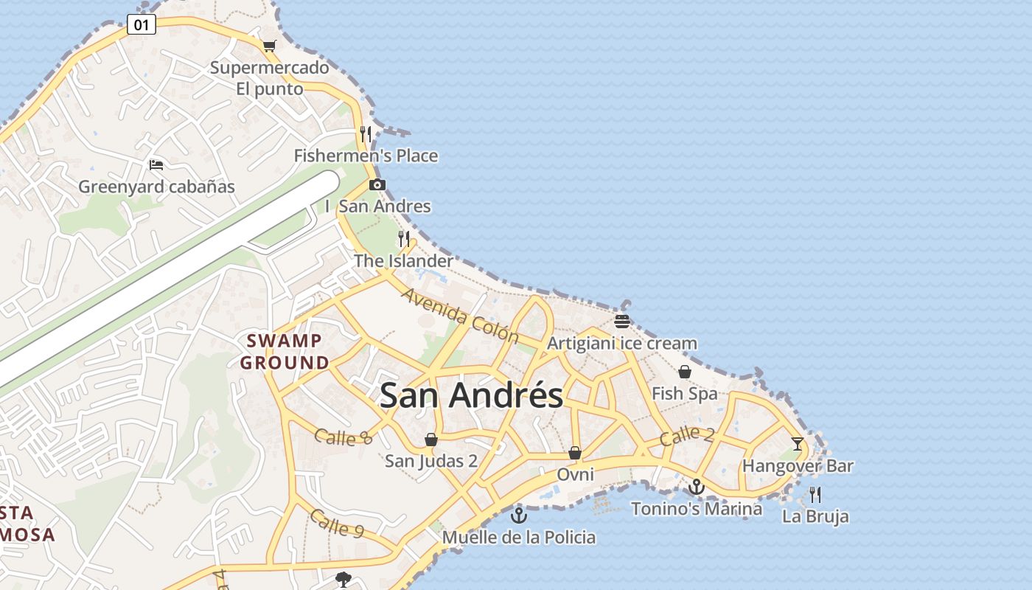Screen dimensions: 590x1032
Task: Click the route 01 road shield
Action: [x=142, y=25]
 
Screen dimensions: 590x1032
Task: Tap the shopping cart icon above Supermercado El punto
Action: [x=270, y=46]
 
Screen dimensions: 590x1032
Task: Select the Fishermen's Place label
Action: [x=366, y=156]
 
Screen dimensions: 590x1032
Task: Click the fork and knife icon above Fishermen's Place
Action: [x=366, y=134]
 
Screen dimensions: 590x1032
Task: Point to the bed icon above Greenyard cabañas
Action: [x=156, y=164]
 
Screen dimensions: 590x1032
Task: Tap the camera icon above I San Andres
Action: [x=377, y=184]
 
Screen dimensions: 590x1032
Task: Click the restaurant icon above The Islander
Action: [x=403, y=238]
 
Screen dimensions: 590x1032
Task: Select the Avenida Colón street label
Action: [x=460, y=315]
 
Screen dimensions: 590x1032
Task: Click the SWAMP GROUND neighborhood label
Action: [x=285, y=352]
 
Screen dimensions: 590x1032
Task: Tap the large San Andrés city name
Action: [x=471, y=396]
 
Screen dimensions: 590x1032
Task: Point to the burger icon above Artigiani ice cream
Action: [x=622, y=322]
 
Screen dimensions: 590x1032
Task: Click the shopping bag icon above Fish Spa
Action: [x=685, y=372]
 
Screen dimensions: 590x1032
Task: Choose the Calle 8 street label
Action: [x=343, y=437]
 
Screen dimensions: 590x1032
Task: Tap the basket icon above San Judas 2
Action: [x=431, y=440]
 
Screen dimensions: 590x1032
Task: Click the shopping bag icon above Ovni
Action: [x=575, y=453]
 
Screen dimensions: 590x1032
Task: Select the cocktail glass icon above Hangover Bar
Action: [x=798, y=444]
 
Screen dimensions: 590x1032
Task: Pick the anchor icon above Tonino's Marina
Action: [x=697, y=487]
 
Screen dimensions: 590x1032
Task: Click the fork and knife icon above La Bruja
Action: [x=815, y=494]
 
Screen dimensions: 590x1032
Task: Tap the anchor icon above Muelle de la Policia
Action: [x=519, y=516]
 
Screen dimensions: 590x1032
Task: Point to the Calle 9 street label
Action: [x=336, y=524]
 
